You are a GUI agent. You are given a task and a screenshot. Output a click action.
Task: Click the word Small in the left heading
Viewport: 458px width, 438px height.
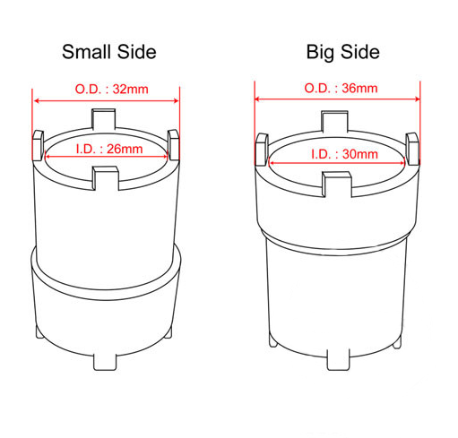pos(86,52)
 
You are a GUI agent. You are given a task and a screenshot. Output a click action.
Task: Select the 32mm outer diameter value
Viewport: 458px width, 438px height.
pos(130,89)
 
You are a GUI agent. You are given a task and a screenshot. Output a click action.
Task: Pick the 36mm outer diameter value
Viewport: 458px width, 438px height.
pos(359,88)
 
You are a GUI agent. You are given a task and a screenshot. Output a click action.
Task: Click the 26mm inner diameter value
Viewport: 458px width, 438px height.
pos(125,149)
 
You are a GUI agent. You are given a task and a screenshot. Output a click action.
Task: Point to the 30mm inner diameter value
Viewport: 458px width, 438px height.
pos(360,154)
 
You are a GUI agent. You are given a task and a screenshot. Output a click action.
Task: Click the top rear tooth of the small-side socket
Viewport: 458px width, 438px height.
pos(103,119)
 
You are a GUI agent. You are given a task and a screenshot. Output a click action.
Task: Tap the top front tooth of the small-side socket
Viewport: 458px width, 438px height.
pos(106,178)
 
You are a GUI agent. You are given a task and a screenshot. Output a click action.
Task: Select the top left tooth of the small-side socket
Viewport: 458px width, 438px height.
pos(39,145)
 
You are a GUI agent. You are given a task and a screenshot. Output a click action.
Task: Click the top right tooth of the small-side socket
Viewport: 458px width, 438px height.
pos(173,144)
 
